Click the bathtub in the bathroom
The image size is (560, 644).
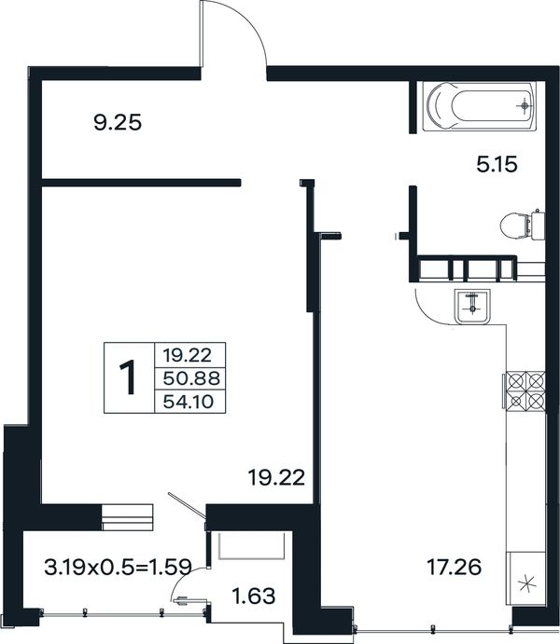(x=481, y=106)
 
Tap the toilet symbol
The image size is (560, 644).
(x=522, y=225)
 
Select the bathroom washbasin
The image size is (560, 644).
(x=473, y=307)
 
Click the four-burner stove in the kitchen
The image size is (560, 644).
(x=525, y=391)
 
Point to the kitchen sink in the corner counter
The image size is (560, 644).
(x=526, y=583)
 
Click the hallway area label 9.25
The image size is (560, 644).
(x=118, y=122)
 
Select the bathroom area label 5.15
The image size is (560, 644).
(x=497, y=165)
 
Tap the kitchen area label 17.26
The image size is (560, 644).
(x=454, y=568)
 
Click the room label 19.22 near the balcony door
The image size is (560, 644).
(x=276, y=477)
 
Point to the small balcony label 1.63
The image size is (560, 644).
(x=253, y=596)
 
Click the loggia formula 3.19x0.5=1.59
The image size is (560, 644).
(x=118, y=568)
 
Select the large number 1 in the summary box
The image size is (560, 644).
(x=128, y=377)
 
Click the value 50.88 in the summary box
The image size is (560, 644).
(x=191, y=377)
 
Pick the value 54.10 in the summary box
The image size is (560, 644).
(x=189, y=402)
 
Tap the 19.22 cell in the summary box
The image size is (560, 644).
(x=187, y=354)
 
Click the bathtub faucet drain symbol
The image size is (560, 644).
(x=524, y=106)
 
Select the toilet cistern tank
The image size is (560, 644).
(x=538, y=225)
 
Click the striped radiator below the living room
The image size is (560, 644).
(x=127, y=517)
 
